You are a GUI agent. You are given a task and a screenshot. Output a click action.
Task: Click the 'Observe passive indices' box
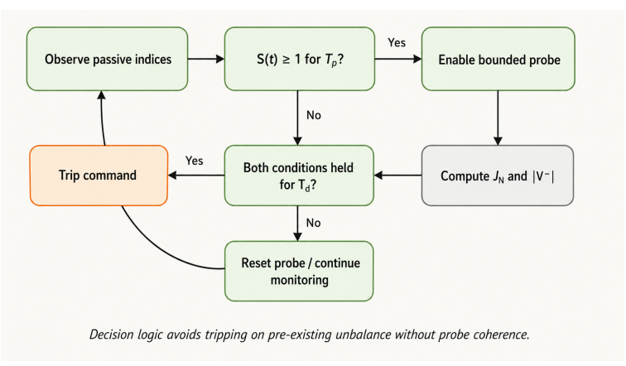click(x=107, y=59)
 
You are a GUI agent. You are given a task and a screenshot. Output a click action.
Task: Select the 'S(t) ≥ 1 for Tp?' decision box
click(x=300, y=59)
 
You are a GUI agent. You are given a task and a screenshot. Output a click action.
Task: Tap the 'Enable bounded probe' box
click(x=498, y=59)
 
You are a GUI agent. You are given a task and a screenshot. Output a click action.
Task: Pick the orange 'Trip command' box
click(x=99, y=176)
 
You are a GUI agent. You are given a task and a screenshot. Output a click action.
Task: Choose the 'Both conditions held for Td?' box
click(x=299, y=176)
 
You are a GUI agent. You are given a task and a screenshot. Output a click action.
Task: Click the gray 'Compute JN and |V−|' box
click(x=498, y=176)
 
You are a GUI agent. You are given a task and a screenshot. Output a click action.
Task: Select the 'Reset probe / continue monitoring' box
click(x=299, y=271)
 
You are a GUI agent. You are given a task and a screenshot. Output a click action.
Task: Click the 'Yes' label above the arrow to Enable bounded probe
click(x=397, y=43)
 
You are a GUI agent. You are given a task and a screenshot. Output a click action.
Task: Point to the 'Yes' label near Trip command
click(x=194, y=161)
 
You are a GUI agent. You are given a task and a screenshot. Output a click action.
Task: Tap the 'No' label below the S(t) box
click(x=313, y=115)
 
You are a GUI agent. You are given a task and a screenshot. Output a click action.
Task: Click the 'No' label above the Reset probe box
click(x=313, y=223)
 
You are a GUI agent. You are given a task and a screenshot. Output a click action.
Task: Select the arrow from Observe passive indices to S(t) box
click(x=206, y=59)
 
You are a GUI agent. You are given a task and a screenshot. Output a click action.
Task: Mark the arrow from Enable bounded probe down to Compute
click(x=498, y=118)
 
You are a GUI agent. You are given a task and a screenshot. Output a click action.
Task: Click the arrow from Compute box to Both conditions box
click(x=397, y=176)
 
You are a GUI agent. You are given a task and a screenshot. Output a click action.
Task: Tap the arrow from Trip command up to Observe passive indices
click(x=102, y=118)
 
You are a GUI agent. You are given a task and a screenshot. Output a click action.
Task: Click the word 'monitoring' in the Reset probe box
click(x=300, y=280)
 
